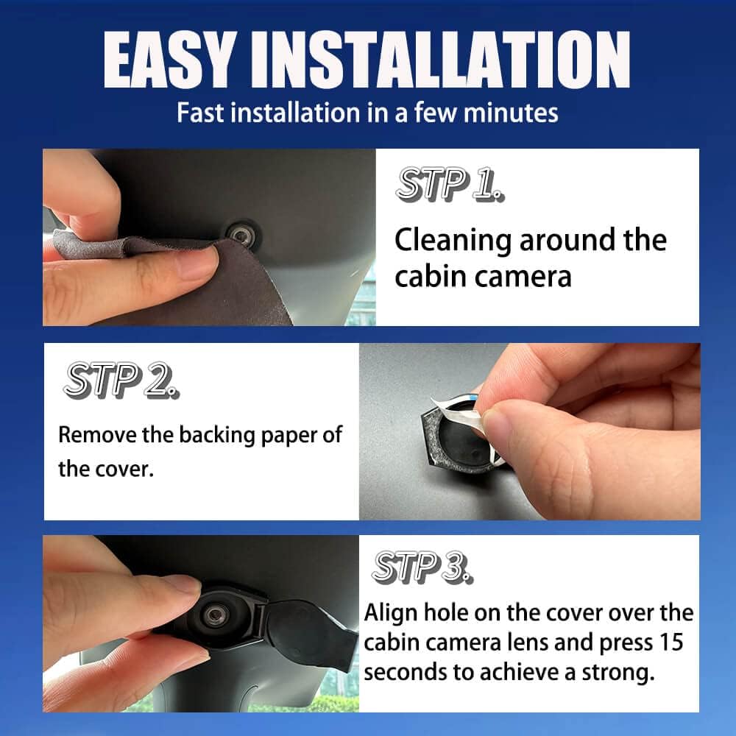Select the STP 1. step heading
[x=450, y=183]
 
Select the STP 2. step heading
[x=121, y=380]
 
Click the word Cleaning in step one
[x=453, y=241]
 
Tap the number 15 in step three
[x=670, y=643]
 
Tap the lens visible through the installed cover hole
[x=216, y=615]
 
